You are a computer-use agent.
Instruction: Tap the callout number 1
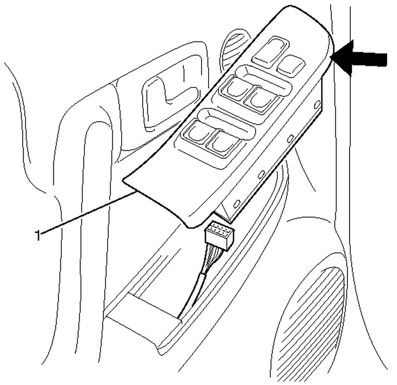pyautogui.click(x=37, y=234)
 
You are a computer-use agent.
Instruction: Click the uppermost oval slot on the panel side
pyautogui.click(x=316, y=105)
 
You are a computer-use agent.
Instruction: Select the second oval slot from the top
pyautogui.click(x=290, y=137)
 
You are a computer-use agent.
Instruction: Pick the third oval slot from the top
pyautogui.click(x=261, y=173)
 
